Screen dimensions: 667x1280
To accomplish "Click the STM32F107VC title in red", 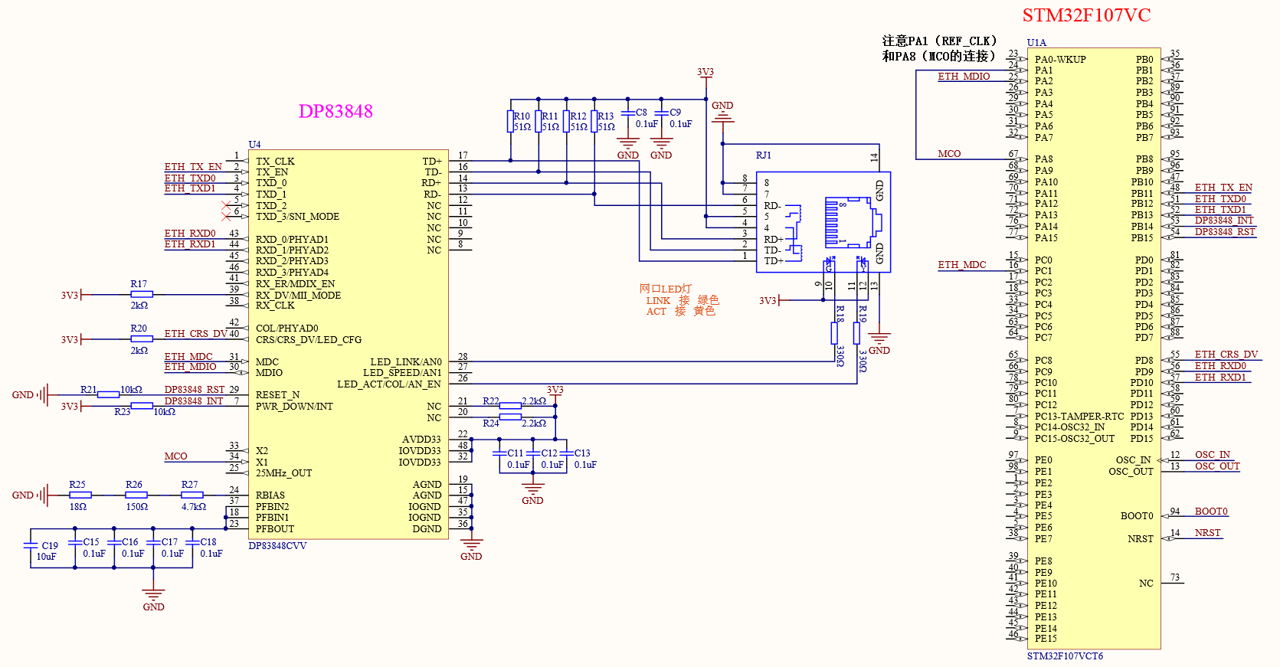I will pyautogui.click(x=1086, y=15).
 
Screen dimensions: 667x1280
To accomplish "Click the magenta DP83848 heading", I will pyautogui.click(x=336, y=112).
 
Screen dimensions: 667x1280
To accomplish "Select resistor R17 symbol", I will pyautogui.click(x=142, y=294).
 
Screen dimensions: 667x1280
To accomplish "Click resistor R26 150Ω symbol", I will pyautogui.click(x=136, y=495).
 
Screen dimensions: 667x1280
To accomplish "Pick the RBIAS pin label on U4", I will pyautogui.click(x=270, y=495).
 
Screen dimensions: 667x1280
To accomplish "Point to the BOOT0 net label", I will pyautogui.click(x=1211, y=512).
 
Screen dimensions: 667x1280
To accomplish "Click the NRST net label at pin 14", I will pyautogui.click(x=1207, y=533).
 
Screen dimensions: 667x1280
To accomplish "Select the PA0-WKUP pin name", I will pyautogui.click(x=1060, y=60).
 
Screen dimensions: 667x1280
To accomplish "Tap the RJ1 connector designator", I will pyautogui.click(x=763, y=155).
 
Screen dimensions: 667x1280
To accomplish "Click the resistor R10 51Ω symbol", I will pyautogui.click(x=510, y=122).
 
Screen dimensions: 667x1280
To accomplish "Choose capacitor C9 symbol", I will pyautogui.click(x=661, y=113).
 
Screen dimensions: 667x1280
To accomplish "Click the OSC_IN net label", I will pyautogui.click(x=1213, y=455).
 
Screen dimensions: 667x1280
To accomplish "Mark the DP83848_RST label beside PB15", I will pyautogui.click(x=1225, y=232).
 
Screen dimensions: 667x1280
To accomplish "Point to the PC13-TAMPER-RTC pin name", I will pyautogui.click(x=1079, y=417).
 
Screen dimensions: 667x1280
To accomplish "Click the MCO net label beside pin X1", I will pyautogui.click(x=175, y=456).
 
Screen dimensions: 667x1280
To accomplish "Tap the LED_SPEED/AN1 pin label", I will pyautogui.click(x=402, y=373).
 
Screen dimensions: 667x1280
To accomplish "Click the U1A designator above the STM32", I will pyautogui.click(x=1036, y=43).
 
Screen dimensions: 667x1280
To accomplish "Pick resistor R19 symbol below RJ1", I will pyautogui.click(x=856, y=333).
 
